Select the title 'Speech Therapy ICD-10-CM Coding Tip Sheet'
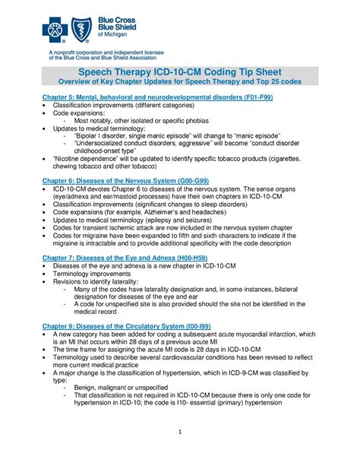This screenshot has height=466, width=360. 180,71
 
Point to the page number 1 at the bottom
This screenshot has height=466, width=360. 180,435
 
